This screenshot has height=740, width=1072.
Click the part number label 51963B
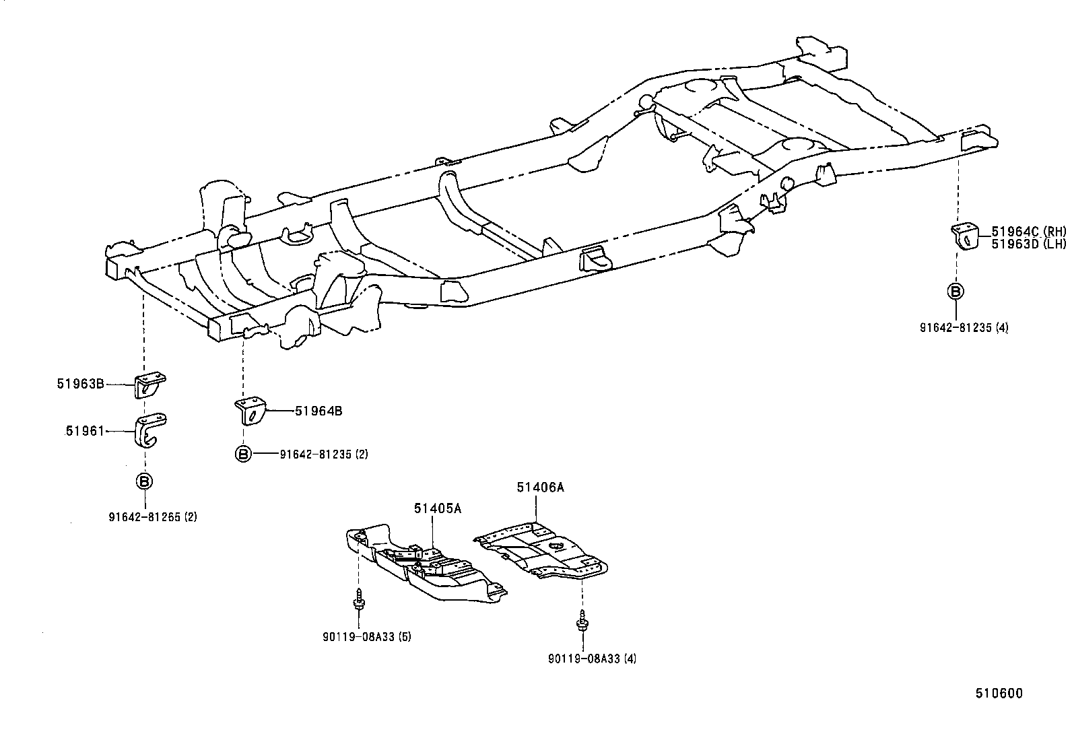click(80, 384)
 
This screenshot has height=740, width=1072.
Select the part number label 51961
click(85, 431)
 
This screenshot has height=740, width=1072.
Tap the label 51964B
click(319, 411)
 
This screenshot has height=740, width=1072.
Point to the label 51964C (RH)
click(1028, 232)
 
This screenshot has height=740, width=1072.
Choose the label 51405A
click(438, 508)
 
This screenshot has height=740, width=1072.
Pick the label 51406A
click(540, 487)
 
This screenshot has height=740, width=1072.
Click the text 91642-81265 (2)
click(153, 517)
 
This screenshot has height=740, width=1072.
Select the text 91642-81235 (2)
click(324, 455)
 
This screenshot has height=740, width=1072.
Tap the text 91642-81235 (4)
click(964, 328)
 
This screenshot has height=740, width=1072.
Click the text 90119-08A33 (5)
click(367, 636)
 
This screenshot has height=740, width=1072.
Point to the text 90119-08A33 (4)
click(592, 659)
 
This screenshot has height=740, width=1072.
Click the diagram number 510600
click(1000, 694)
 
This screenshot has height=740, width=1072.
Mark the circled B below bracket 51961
click(144, 481)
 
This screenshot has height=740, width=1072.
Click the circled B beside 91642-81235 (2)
click(243, 454)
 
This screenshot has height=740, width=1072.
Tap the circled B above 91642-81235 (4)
click(956, 291)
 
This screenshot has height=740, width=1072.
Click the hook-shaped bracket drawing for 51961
click(150, 431)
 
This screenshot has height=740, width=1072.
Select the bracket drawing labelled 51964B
click(251, 410)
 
